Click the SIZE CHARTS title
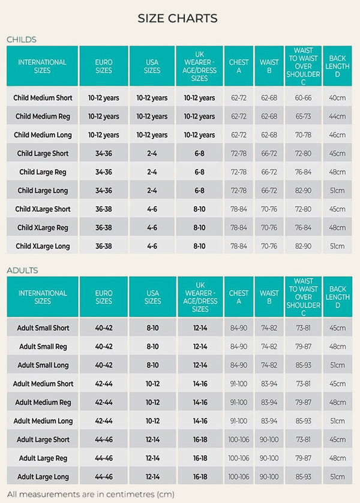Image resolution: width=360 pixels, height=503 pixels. click(178, 18)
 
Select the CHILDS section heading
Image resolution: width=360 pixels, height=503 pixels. click(22, 40)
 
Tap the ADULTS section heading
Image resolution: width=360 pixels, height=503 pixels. click(22, 270)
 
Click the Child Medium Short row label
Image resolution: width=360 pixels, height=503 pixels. click(43, 98)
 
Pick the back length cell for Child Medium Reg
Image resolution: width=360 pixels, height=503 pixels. click(337, 116)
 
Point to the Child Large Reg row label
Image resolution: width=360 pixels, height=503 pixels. click(43, 172)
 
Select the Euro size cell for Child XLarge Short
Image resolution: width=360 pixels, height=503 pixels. click(103, 209)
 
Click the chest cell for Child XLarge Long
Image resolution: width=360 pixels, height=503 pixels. click(239, 246)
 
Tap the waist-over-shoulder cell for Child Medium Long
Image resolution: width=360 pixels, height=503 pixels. click(303, 135)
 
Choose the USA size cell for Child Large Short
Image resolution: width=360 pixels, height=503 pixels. click(152, 153)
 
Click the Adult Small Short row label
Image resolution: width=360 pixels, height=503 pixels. click(43, 328)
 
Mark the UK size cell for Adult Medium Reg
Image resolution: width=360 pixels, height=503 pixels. click(200, 402)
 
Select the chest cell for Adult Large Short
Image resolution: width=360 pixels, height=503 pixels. click(239, 439)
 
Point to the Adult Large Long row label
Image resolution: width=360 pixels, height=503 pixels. click(43, 477)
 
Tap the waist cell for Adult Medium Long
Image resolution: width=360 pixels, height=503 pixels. click(269, 421)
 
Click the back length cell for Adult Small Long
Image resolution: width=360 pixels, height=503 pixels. click(337, 365)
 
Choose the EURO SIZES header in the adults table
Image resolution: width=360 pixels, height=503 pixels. click(104, 297)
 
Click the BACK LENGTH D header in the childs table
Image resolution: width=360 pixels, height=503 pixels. click(337, 67)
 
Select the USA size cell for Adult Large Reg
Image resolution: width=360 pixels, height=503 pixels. click(152, 458)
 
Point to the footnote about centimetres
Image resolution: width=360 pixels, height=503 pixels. click(91, 495)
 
